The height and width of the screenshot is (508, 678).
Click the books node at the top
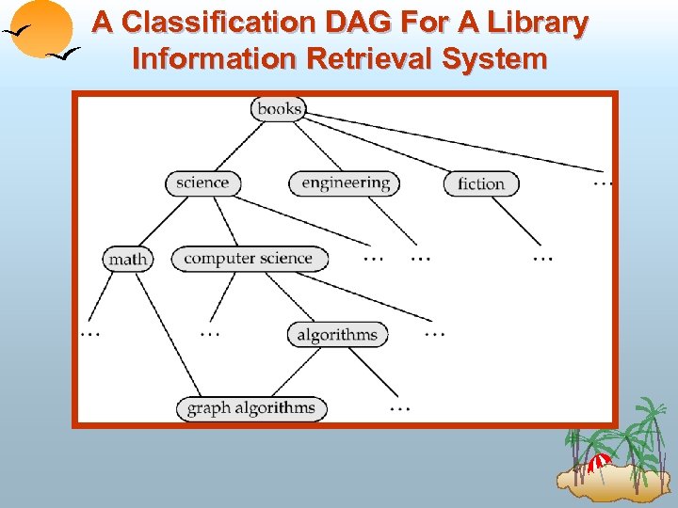tap(279, 109)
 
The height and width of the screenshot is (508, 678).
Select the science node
tap(202, 183)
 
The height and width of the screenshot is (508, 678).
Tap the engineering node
tap(346, 183)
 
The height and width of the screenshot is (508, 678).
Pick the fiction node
tap(480, 183)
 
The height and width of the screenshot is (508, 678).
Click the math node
tap(127, 259)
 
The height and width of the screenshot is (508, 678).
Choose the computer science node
tap(249, 259)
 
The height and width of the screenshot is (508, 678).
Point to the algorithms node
tap(337, 334)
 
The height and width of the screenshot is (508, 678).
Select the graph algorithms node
tap(251, 408)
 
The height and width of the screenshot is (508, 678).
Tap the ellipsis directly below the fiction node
tap(542, 257)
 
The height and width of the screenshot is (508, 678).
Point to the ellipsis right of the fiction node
tap(604, 182)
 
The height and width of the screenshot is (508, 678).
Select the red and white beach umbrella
tap(599, 461)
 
